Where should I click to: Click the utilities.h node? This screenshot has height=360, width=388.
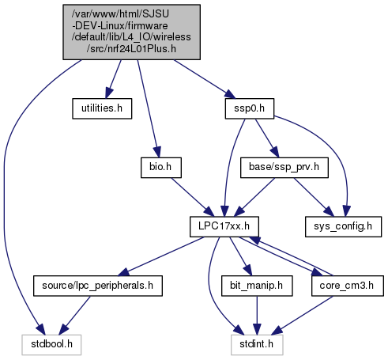point(102,108)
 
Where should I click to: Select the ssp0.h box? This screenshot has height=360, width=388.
point(250,108)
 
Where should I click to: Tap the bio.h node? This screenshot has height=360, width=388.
point(161,168)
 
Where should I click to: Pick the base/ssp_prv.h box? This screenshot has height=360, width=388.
point(284,168)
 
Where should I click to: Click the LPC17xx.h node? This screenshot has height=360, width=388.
point(224,226)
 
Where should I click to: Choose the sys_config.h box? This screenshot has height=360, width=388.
point(343,226)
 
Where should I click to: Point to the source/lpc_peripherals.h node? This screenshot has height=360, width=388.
point(98,286)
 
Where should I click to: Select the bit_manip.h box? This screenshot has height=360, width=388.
point(257,286)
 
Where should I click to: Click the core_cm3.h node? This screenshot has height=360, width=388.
point(348,286)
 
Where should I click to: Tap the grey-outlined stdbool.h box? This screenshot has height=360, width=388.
point(51,345)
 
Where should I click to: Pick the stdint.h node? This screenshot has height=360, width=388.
point(257,345)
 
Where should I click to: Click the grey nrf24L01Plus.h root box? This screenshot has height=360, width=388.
point(131,32)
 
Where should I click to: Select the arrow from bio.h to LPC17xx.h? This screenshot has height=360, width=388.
point(193,197)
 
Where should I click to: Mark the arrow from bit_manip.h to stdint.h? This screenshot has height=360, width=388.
point(257,315)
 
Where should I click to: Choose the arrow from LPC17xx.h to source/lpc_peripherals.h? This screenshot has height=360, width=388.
point(161,256)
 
